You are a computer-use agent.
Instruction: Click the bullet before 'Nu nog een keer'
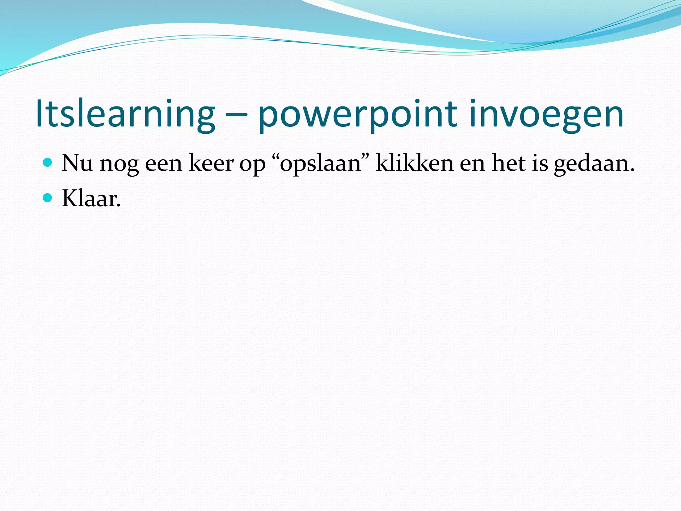pyautogui.click(x=48, y=163)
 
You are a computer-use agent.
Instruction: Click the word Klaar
pyautogui.click(x=91, y=199)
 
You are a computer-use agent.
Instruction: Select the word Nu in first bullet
pyautogui.click(x=77, y=163)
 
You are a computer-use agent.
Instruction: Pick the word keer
pyautogui.click(x=211, y=163)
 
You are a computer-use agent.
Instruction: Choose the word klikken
pyautogui.click(x=414, y=163)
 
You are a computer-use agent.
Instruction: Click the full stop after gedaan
pyautogui.click(x=631, y=170)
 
